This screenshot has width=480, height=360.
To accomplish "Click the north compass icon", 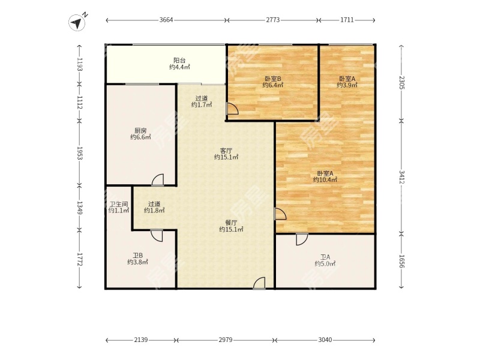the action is [77, 23].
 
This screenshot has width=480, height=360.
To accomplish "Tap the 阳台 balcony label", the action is [179, 61].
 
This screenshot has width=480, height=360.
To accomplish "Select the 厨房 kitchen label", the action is [140, 130].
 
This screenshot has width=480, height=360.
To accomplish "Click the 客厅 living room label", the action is [226, 151].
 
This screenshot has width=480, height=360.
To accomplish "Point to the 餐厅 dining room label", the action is [231, 223].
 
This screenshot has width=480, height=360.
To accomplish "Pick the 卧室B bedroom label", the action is [273, 79].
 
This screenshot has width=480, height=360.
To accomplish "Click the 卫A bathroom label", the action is [325, 257].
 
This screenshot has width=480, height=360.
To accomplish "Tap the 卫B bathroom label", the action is [138, 256].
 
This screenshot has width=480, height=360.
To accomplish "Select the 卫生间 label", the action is [118, 204].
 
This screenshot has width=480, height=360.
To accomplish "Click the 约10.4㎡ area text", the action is [325, 179].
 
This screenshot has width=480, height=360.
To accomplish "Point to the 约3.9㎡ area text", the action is [347, 85].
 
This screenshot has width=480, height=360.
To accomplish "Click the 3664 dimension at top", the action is [166, 20].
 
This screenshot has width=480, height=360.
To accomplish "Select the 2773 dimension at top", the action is [273, 20].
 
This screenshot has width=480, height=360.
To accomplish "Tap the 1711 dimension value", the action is [347, 20].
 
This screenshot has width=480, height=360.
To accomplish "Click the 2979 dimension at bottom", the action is [226, 340].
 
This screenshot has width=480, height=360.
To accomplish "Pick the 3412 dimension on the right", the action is [401, 177].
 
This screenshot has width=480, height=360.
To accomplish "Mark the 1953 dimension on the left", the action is [80, 153].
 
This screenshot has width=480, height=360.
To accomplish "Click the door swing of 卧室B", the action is [232, 109].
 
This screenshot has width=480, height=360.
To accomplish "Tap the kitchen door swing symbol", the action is [158, 179].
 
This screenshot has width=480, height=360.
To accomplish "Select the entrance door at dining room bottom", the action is [259, 283].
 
